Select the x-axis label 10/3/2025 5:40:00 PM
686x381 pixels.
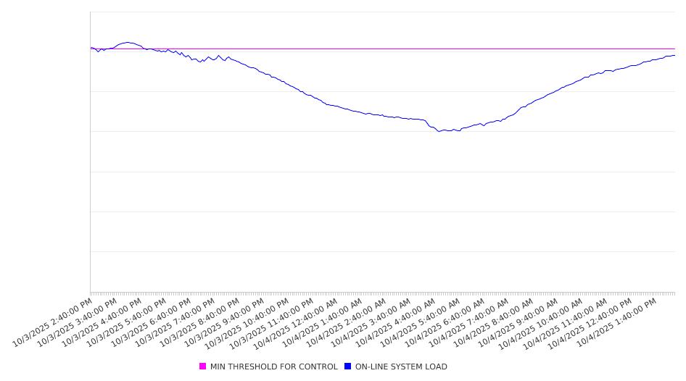(126, 321)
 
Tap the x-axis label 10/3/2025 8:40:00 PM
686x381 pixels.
(199, 321)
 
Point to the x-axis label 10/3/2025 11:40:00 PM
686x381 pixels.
(273, 321)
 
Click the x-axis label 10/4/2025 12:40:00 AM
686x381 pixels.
(297, 321)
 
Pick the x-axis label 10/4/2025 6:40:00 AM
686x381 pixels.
(445, 321)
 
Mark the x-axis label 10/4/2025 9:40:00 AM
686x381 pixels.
(518, 321)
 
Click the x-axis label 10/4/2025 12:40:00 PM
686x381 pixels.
(591, 321)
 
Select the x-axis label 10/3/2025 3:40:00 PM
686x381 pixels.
(77, 321)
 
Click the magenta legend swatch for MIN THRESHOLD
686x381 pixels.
(203, 367)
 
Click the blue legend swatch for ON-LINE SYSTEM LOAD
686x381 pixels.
(348, 367)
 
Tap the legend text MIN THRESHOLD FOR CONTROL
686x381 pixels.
(273, 367)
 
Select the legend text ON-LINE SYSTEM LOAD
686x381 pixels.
(401, 367)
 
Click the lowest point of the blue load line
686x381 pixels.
(439, 131)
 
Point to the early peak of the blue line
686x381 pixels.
(128, 42)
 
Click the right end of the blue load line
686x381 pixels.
(674, 55)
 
